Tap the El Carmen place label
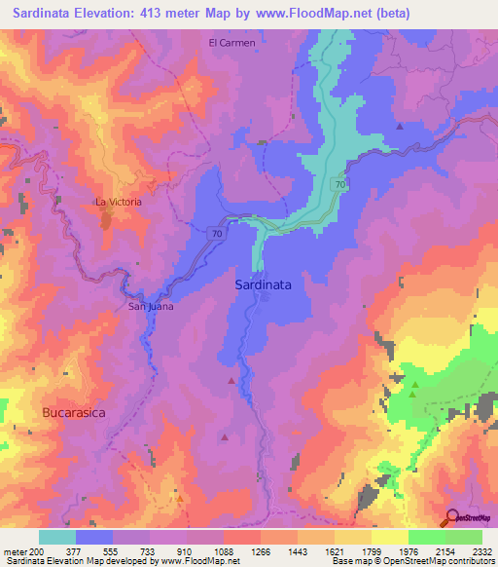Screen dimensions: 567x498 (232, 43)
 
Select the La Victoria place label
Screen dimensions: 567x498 (118, 202)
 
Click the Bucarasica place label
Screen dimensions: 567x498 (73, 413)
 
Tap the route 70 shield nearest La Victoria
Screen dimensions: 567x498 (216, 233)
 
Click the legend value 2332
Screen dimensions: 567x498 (481, 550)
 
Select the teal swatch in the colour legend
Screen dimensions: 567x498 (57, 537)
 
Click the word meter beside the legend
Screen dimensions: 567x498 (15, 550)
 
